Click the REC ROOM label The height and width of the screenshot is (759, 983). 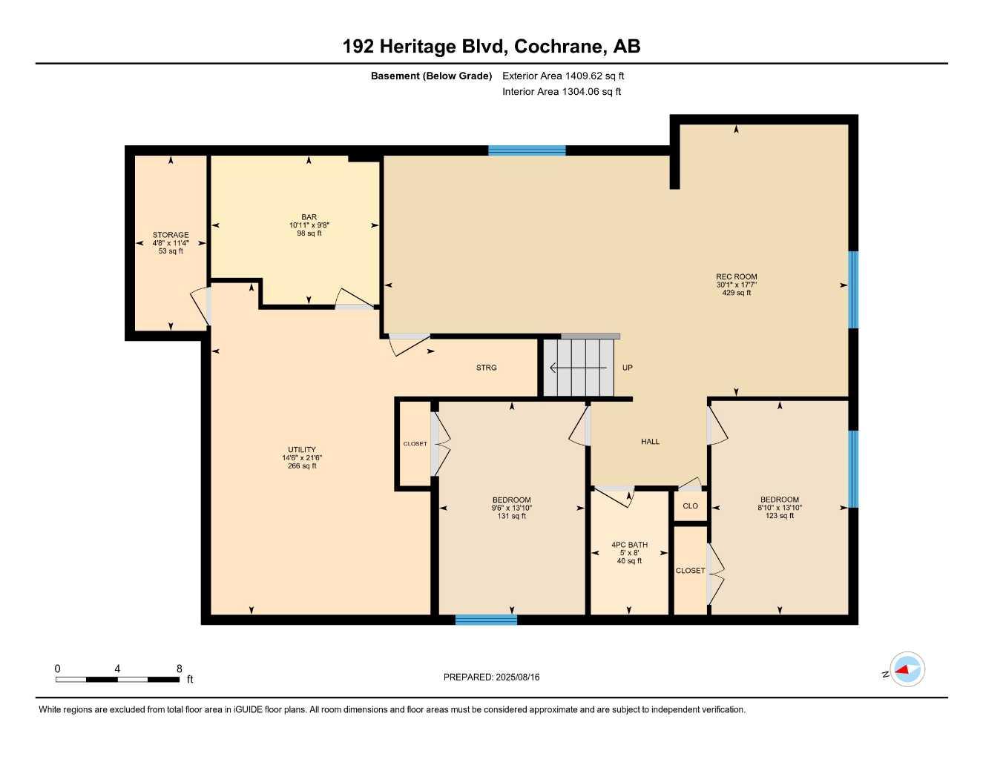pyautogui.click(x=736, y=276)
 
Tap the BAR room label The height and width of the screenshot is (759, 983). pyautogui.click(x=309, y=217)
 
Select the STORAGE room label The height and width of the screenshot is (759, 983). pyautogui.click(x=171, y=235)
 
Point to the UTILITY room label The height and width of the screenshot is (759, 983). pyautogui.click(x=302, y=449)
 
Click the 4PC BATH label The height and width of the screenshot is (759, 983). pyautogui.click(x=629, y=545)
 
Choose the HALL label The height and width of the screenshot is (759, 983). pyautogui.click(x=650, y=442)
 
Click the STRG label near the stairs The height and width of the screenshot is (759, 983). pyautogui.click(x=486, y=368)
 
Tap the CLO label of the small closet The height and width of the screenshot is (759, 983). pyautogui.click(x=690, y=506)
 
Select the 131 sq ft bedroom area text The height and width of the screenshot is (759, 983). pyautogui.click(x=511, y=516)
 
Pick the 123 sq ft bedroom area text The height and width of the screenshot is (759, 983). pyautogui.click(x=779, y=515)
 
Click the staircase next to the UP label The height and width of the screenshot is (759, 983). pyautogui.click(x=579, y=368)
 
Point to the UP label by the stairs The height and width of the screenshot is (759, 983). pyautogui.click(x=627, y=368)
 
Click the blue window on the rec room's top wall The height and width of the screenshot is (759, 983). pyautogui.click(x=527, y=150)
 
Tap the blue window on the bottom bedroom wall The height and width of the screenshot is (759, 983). pyautogui.click(x=486, y=620)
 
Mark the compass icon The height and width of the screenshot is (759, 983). pyautogui.click(x=907, y=670)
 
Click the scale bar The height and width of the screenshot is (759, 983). pyautogui.click(x=117, y=679)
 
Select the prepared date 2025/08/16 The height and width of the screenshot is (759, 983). pyautogui.click(x=491, y=677)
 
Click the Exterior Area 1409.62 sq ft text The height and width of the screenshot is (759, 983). pyautogui.click(x=563, y=76)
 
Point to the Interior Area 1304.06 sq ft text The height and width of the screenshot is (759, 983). pyautogui.click(x=562, y=92)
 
